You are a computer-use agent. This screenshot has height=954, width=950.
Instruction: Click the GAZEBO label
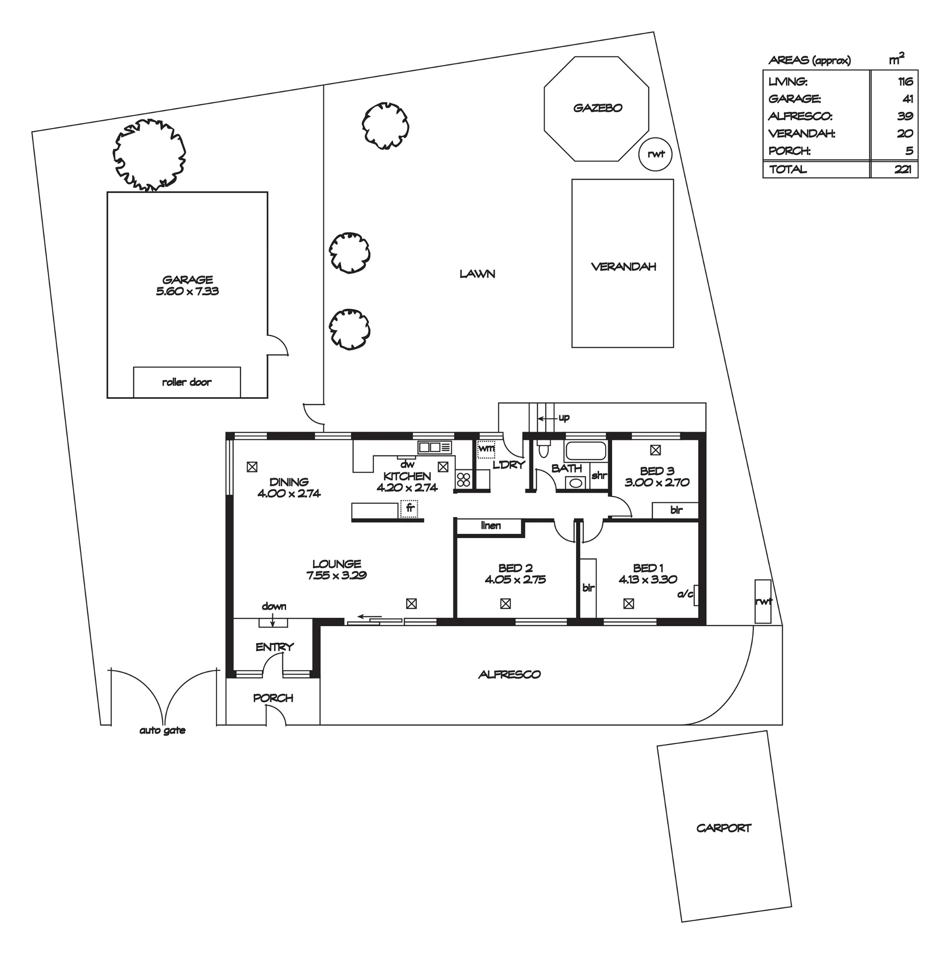click(x=598, y=108)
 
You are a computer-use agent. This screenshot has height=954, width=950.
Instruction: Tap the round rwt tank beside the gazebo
click(x=656, y=154)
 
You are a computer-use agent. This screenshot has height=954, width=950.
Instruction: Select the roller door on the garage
click(x=187, y=382)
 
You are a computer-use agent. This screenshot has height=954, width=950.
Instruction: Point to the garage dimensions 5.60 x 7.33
click(x=187, y=291)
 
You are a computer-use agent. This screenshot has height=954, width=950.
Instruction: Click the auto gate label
click(x=163, y=730)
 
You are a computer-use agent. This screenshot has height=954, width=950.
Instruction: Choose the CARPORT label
click(x=724, y=828)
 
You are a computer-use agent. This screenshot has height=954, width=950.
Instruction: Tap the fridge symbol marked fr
click(x=409, y=508)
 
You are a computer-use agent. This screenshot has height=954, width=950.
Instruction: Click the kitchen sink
click(x=434, y=447)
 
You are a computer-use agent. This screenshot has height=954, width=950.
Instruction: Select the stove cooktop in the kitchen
click(x=464, y=478)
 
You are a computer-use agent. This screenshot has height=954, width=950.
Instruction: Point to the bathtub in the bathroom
click(x=586, y=451)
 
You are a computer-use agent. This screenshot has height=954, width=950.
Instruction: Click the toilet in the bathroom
click(x=544, y=449)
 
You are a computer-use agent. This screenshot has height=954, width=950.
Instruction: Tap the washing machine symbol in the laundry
click(x=486, y=449)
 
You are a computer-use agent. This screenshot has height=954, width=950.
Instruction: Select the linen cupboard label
click(x=491, y=525)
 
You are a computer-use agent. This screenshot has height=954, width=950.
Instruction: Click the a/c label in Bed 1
click(x=685, y=594)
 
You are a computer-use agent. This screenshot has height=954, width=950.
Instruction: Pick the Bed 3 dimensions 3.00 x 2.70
click(x=657, y=482)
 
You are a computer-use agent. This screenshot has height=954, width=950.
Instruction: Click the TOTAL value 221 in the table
click(x=903, y=169)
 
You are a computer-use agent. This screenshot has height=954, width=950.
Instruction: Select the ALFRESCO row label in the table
click(x=800, y=116)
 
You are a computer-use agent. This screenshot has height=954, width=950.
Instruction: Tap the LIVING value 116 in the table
click(x=905, y=82)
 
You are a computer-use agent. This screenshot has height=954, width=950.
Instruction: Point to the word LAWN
click(x=477, y=274)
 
